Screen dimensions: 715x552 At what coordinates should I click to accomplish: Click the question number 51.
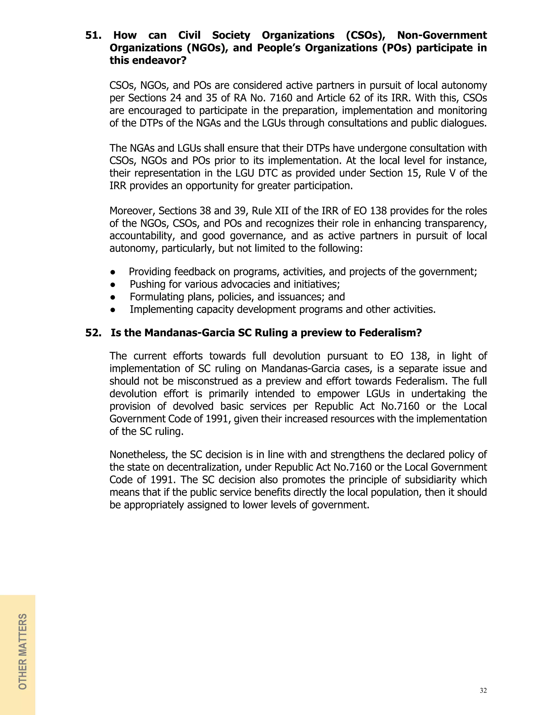(93, 35)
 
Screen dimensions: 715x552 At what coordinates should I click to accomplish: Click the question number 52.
(93, 333)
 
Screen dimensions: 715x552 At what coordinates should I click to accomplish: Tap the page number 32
(483, 690)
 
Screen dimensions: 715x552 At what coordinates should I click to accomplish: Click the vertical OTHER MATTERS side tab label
(23, 652)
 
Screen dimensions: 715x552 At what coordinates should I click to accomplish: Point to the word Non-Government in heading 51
(442, 35)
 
